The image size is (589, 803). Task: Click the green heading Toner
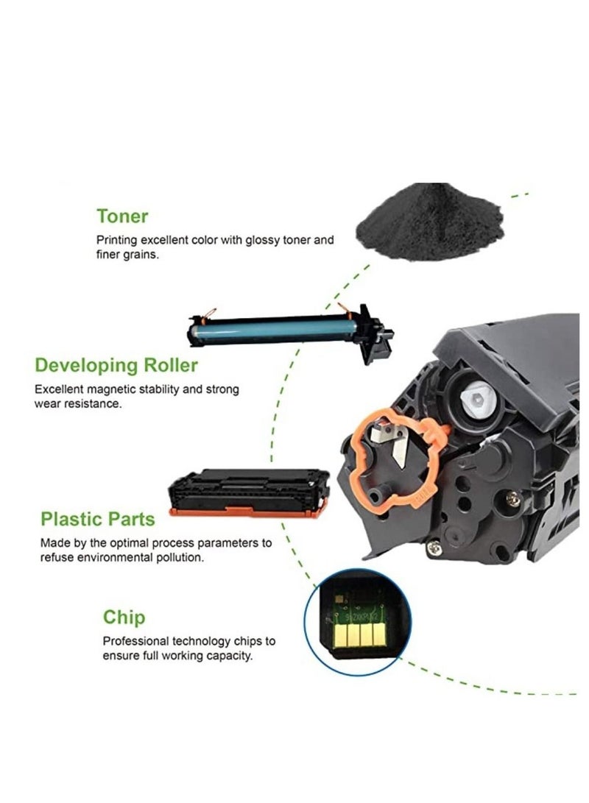pos(122,216)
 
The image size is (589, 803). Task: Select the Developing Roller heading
pos(116,365)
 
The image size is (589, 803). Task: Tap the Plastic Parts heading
pos(98,519)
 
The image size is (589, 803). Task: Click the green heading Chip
pos(124,617)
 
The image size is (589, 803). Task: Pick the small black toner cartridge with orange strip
pos(249,491)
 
